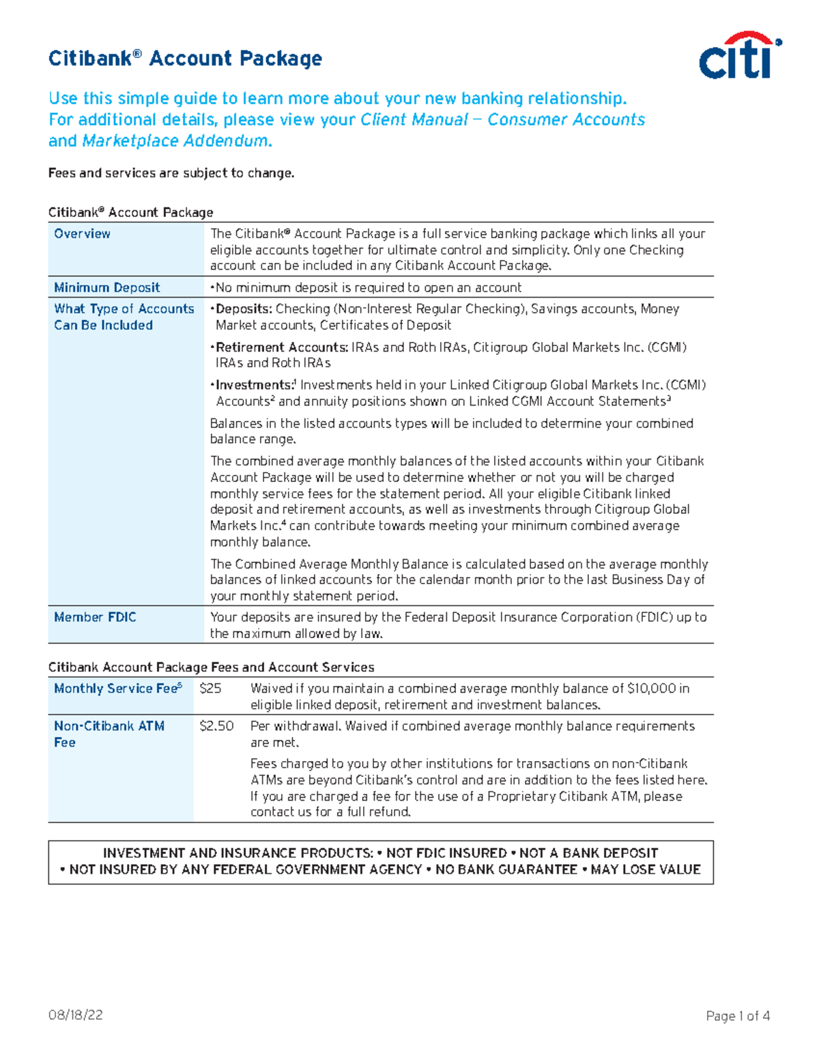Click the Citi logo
[739, 56]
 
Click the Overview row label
[82, 233]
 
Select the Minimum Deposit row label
[107, 287]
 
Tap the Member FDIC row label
[95, 617]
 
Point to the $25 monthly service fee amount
[210, 688]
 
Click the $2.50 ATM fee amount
[216, 726]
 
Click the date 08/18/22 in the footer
[75, 1015]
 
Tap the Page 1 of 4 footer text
[738, 1016]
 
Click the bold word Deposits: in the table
[244, 309]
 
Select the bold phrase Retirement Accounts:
[281, 347]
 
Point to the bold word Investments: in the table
[254, 385]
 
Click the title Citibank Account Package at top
[185, 59]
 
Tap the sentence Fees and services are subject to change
[171, 173]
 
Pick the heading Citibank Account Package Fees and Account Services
[211, 667]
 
